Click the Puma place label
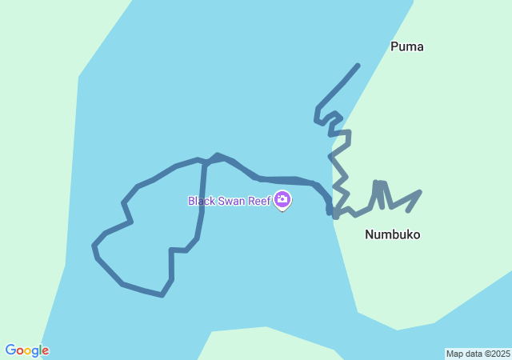click(406, 46)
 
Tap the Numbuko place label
click(392, 234)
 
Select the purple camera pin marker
click(282, 199)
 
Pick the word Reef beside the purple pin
click(259, 201)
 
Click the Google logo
click(26, 350)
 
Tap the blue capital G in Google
click(10, 350)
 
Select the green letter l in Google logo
click(39, 350)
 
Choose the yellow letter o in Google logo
click(26, 351)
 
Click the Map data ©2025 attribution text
click(478, 354)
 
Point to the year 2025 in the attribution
click(500, 354)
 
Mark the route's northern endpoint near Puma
click(358, 66)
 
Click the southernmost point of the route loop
click(162, 295)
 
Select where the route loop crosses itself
click(206, 162)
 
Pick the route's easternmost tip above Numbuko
click(419, 192)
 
